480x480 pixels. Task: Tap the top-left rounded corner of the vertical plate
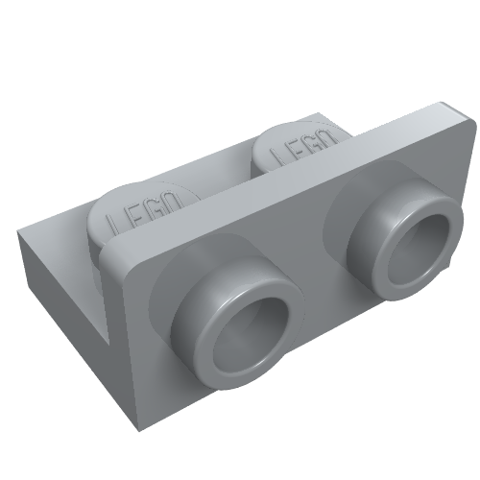click(110, 252)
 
